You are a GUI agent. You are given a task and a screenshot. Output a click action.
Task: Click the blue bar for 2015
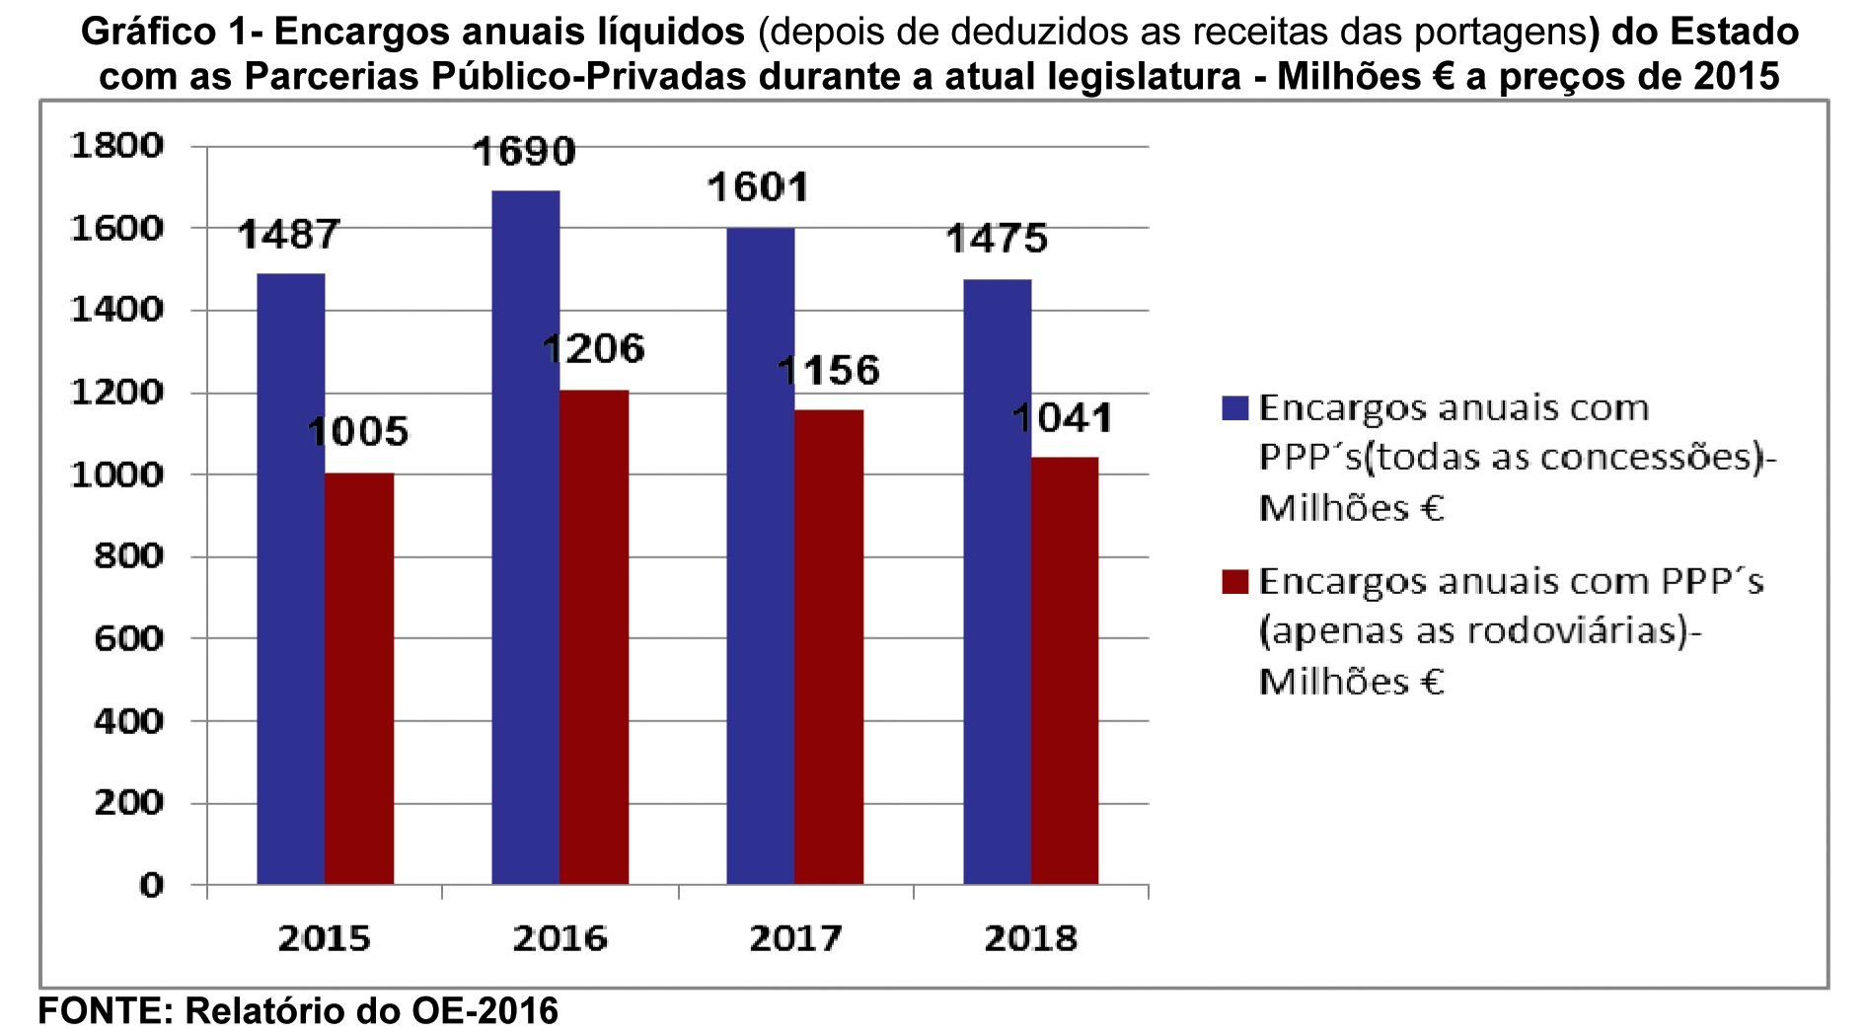coord(291,578)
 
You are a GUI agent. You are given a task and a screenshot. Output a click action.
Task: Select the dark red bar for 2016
coord(594,636)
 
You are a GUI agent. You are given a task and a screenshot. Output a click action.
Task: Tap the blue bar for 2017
coord(760,555)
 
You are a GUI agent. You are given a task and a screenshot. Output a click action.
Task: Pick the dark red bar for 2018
coord(1065,670)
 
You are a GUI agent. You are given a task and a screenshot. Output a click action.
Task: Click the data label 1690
coord(524,152)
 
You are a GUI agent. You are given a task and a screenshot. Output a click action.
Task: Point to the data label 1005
coord(357,432)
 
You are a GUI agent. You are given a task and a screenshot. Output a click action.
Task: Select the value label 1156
coord(828,371)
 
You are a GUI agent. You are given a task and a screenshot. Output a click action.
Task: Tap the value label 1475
coord(997,239)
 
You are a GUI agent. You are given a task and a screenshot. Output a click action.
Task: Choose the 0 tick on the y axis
coord(151,885)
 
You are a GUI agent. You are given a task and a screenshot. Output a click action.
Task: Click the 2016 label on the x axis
coord(559,938)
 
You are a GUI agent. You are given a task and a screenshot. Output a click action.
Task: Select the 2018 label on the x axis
coord(1031,938)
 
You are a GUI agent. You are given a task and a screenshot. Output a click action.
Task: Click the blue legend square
coord(1234,408)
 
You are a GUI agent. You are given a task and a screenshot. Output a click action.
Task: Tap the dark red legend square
coord(1234,581)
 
